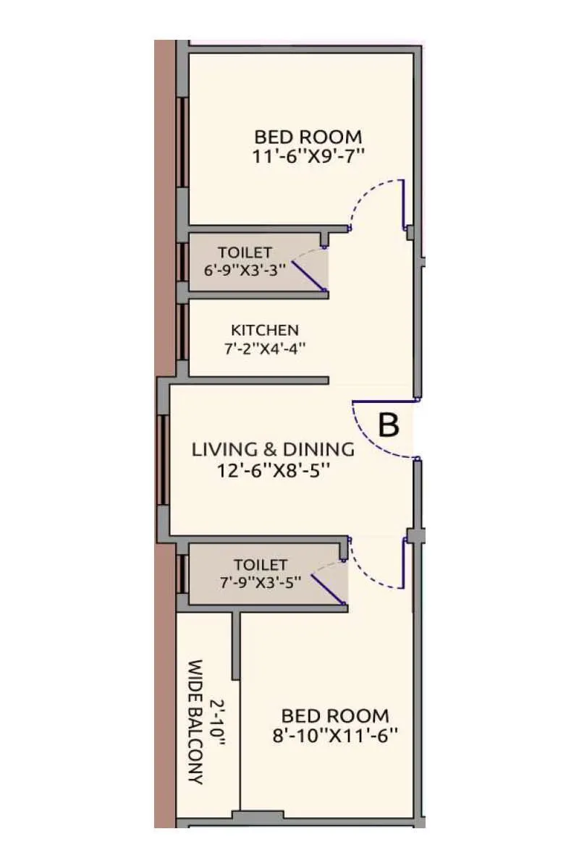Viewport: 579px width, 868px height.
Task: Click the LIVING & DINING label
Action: coord(274,449)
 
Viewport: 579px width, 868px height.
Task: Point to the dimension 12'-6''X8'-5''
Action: coord(274,470)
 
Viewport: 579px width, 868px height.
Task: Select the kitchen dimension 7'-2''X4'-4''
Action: coord(264,348)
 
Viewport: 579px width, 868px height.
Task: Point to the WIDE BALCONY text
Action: coord(194,722)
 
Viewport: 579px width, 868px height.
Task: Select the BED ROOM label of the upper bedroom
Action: coord(308,136)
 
